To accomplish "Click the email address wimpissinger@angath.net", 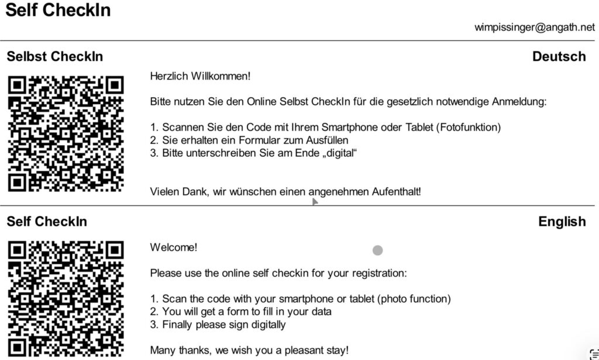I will pyautogui.click(x=535, y=27).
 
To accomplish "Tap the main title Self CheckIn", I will pyautogui.click(x=57, y=10).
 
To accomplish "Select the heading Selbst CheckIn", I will pyautogui.click(x=54, y=57).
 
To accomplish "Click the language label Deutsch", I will pyautogui.click(x=559, y=57).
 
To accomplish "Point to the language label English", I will pyautogui.click(x=562, y=222).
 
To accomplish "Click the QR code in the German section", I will pyautogui.click(x=66, y=133).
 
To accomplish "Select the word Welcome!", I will pyautogui.click(x=174, y=248).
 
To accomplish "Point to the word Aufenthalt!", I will pyautogui.click(x=396, y=191).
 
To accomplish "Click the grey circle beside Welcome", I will pyautogui.click(x=377, y=251).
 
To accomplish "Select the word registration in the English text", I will pyautogui.click(x=380, y=273).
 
